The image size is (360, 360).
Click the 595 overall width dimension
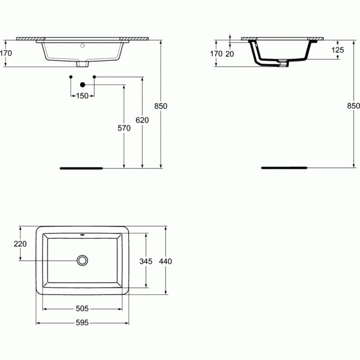[x=82, y=323]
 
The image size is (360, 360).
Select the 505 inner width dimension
[x=82, y=309]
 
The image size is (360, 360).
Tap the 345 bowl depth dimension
[x=146, y=261]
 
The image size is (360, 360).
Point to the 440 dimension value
[x=165, y=261]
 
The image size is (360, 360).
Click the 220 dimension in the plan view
[x=20, y=243]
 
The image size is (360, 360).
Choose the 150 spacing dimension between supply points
[x=82, y=96]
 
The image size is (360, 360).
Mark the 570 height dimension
[x=124, y=128]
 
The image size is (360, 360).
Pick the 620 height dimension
[x=142, y=120]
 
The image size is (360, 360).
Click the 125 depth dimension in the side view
[x=337, y=50]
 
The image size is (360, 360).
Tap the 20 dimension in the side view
[x=229, y=54]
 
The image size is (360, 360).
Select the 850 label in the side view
[x=353, y=106]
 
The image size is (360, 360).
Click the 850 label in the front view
[x=161, y=106]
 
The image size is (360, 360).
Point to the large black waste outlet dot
[x=83, y=84]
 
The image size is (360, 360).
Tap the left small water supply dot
[x=71, y=77]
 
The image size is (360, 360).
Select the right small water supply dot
[x=94, y=77]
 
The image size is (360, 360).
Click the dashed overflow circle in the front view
[x=83, y=46]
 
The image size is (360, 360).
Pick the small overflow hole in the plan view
[x=82, y=235]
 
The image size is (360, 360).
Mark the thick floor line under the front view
[x=81, y=168]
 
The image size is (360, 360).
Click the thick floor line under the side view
[x=284, y=168]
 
